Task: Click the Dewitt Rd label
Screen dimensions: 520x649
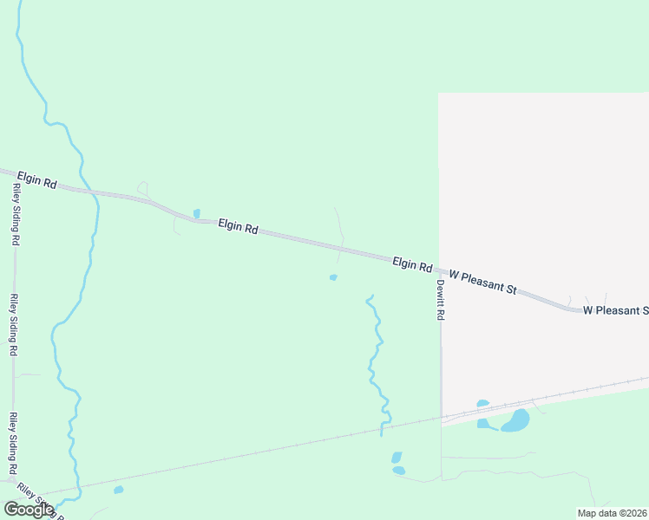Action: (440, 300)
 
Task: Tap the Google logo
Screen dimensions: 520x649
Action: (29, 509)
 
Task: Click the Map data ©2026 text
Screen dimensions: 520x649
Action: (612, 513)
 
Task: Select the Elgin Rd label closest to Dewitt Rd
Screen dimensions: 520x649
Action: (412, 263)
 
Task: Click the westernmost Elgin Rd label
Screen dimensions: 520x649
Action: (36, 181)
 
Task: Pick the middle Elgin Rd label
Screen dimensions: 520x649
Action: (238, 226)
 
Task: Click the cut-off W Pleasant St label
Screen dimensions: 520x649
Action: (615, 310)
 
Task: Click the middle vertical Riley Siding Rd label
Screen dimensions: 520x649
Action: (14, 326)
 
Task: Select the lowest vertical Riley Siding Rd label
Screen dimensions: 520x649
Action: (13, 443)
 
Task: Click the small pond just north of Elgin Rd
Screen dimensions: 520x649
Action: (197, 213)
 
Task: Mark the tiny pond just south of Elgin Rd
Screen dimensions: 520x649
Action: (333, 277)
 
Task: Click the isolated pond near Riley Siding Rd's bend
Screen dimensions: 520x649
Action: (118, 490)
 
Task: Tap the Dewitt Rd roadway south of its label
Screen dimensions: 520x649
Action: (442, 381)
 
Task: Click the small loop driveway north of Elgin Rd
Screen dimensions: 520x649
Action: (143, 188)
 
